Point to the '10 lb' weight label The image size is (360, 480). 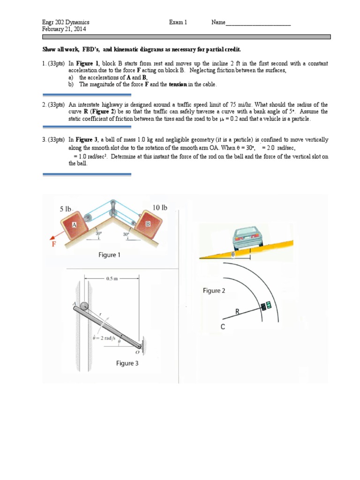pyautogui.click(x=160, y=207)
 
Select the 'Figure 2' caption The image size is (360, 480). pyautogui.click(x=214, y=291)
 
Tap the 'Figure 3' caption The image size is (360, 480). pyautogui.click(x=127, y=363)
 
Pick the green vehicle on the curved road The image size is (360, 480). pyautogui.click(x=266, y=307)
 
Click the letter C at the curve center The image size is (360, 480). pyautogui.click(x=224, y=327)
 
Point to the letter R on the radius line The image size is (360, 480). pyautogui.click(x=238, y=311)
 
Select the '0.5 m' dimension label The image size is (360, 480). pyautogui.click(x=112, y=278)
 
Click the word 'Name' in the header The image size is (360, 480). pyautogui.click(x=218, y=22)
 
